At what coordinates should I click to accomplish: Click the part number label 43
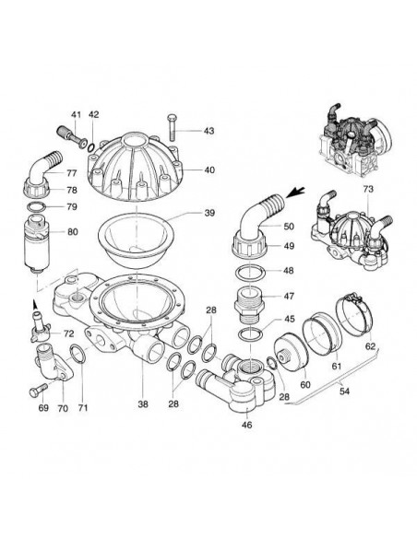pos(208,131)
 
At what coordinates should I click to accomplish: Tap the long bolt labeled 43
pos(173,127)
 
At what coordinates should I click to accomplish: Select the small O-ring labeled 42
pos(91,147)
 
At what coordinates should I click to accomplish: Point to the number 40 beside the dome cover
pos(209,170)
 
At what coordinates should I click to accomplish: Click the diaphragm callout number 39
pos(209,213)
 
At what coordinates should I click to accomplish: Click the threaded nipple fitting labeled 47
pos(249,304)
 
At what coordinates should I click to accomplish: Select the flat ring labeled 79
pos(37,207)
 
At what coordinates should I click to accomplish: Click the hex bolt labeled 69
pos(38,390)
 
